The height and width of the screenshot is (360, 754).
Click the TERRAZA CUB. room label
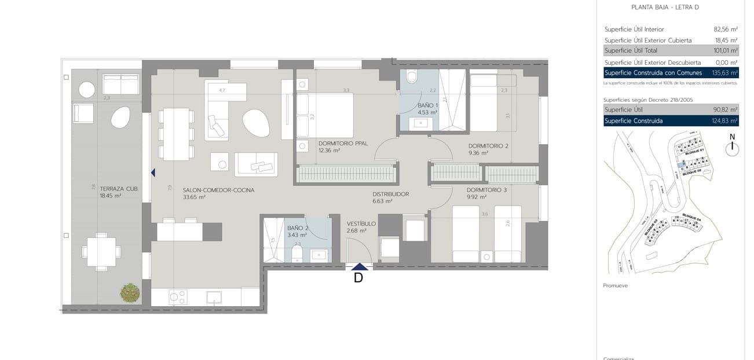click(111, 189)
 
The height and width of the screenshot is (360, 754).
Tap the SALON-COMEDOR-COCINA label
click(218, 190)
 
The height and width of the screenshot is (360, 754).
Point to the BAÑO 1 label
click(427, 106)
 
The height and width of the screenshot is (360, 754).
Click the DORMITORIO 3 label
click(487, 190)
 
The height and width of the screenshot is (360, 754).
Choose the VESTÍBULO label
click(361, 223)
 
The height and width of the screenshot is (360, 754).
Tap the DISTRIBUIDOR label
click(390, 194)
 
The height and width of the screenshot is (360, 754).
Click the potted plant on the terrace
click(130, 292)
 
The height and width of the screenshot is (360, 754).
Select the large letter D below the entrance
click(358, 278)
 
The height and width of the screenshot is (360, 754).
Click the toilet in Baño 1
click(412, 76)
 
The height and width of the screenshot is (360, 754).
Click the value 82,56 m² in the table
click(725, 30)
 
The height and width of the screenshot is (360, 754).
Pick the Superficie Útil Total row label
click(631, 51)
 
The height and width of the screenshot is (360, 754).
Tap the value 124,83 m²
click(725, 121)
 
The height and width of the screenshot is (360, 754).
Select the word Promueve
click(615, 285)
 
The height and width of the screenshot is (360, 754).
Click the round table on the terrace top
click(87, 90)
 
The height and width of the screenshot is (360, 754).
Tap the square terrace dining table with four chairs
click(101, 252)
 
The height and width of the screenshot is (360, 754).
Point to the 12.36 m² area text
click(330, 150)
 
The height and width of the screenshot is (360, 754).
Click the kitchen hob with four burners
click(177, 297)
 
